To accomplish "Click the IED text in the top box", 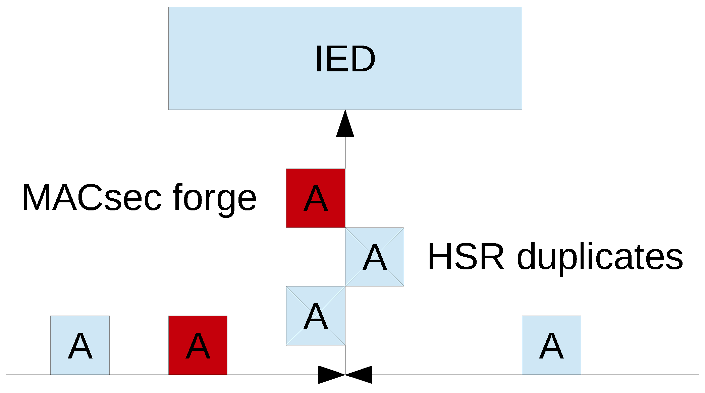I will pyautogui.click(x=345, y=59).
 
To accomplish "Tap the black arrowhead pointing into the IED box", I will pyautogui.click(x=345, y=125).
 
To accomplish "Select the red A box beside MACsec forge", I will pyautogui.click(x=316, y=198).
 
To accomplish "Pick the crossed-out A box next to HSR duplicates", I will pyautogui.click(x=375, y=257).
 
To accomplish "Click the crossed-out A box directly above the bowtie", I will pyautogui.click(x=316, y=316).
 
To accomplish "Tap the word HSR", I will pyautogui.click(x=466, y=257).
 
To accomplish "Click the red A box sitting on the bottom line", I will pyautogui.click(x=198, y=345).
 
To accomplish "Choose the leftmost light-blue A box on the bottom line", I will pyautogui.click(x=80, y=345).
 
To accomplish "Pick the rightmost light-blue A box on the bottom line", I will pyautogui.click(x=551, y=345).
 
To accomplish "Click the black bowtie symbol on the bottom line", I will pyautogui.click(x=345, y=375).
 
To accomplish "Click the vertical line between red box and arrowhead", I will pyautogui.click(x=345, y=152).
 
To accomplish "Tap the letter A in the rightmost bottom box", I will pyautogui.click(x=551, y=346).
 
